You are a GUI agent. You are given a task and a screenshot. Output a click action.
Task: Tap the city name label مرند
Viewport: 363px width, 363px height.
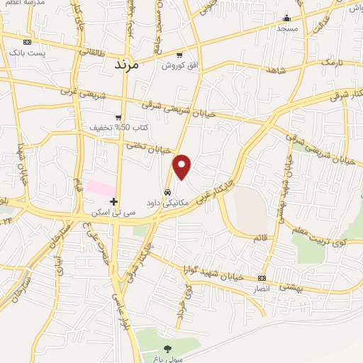[x=129, y=64]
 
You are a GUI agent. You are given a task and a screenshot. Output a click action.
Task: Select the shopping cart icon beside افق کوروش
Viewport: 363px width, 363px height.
[x=179, y=55]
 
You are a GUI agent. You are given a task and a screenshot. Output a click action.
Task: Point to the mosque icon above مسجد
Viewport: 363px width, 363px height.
[x=287, y=18]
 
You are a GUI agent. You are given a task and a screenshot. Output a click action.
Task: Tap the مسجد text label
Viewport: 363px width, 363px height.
[x=287, y=28]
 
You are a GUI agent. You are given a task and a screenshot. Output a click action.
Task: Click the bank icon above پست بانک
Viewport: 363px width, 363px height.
[x=27, y=42]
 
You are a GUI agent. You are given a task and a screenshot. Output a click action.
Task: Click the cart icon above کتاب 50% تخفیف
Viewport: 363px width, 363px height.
[x=119, y=117]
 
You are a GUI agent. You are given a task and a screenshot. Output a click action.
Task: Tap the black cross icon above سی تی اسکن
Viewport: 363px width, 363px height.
[x=113, y=201]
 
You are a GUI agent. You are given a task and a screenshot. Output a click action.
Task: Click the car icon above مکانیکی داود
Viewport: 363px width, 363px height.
[x=167, y=192]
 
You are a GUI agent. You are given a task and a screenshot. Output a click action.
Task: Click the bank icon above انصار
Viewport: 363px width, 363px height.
[x=262, y=278]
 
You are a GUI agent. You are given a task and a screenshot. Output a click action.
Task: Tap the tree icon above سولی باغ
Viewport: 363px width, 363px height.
[x=167, y=348]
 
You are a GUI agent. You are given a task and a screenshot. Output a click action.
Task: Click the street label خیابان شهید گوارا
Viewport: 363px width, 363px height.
[x=219, y=275]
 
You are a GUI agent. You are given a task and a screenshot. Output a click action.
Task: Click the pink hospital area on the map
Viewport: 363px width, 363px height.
[x=101, y=189]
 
